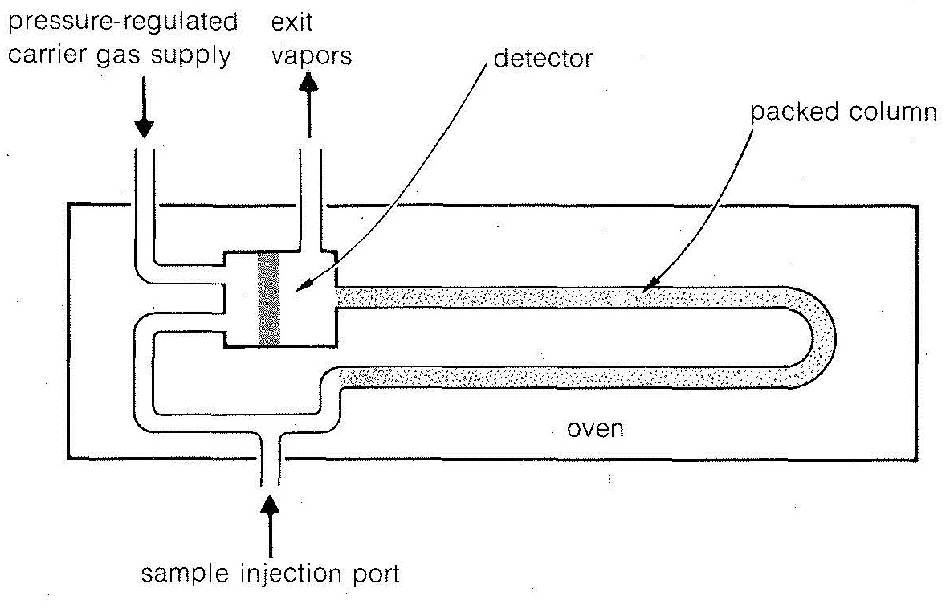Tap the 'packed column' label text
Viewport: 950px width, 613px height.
[843, 112]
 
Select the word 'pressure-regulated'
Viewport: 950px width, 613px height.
[121, 22]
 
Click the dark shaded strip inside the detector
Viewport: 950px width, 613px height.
[268, 298]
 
